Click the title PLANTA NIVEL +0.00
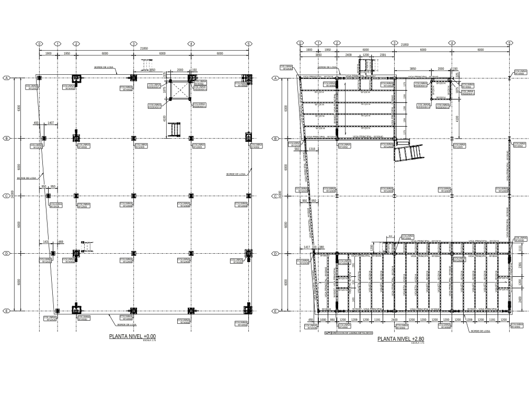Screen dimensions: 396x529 point(132,336)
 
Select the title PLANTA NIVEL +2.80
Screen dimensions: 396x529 point(400,339)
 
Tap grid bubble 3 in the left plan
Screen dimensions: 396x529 point(133,44)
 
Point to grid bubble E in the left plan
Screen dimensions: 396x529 point(7,311)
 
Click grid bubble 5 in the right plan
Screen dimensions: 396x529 point(509,43)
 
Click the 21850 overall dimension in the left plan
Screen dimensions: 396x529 point(144,48)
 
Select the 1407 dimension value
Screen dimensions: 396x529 point(51,122)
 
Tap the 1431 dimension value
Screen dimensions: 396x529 point(46,242)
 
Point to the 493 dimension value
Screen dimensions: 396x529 point(36,122)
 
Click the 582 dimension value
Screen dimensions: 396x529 point(297,149)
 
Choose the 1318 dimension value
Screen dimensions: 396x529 point(312,149)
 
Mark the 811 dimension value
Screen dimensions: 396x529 point(390,236)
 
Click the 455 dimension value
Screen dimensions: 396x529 point(310,319)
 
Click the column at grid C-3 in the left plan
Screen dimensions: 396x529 point(133,196)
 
